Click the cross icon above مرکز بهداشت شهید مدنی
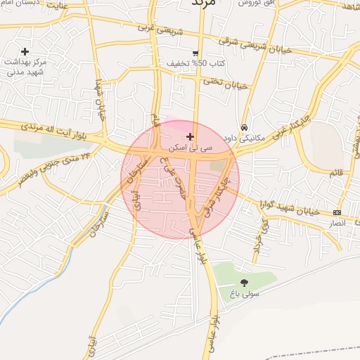25,51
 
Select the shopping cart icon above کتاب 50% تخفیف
195,53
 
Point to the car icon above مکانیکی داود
243,128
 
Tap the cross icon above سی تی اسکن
190,136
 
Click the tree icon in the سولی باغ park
244,282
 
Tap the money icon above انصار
337,212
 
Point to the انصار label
337,223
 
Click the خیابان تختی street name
226,84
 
